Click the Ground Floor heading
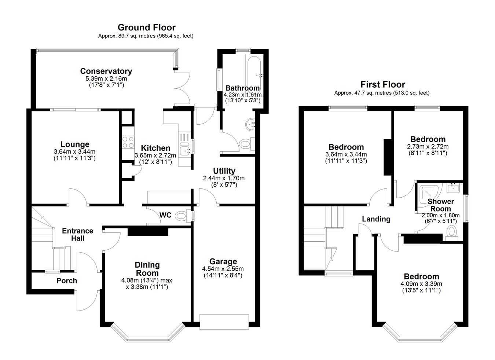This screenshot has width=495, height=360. pos(147,27)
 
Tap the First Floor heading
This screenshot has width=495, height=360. pos(383,84)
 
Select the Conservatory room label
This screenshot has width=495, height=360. pos(106,71)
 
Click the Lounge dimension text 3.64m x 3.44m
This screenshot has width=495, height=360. pos(75,152)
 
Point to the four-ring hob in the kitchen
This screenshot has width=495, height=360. pos(128,142)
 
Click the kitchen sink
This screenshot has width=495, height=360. pos(185,150)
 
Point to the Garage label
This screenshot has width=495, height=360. pos(223,261)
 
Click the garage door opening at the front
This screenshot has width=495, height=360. pos(224,322)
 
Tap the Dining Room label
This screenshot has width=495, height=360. pos(147,269)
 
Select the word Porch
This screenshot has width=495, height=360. pos(67,281)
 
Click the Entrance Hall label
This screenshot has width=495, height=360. pos(78,235)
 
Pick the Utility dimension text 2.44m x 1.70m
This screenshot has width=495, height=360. pos(224,178)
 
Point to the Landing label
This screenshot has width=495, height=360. pos(376,219)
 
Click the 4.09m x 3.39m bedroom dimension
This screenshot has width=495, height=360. pos(421,284)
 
